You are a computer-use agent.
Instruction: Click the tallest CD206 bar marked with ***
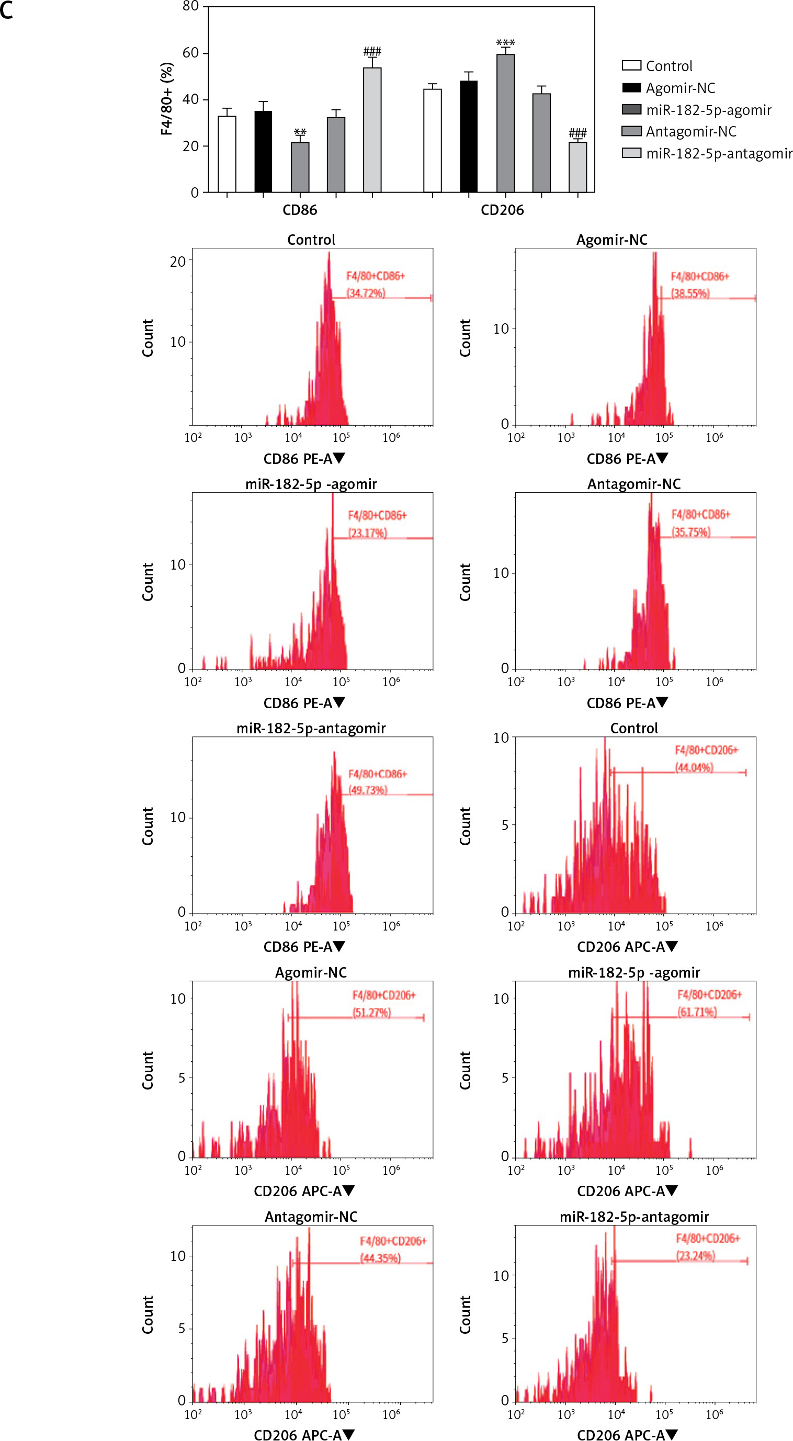tap(505, 123)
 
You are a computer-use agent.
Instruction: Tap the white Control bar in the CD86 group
tap(226, 154)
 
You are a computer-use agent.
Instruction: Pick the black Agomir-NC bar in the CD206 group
tap(469, 137)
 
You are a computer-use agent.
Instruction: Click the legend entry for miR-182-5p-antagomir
tap(719, 153)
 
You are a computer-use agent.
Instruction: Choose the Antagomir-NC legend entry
tap(690, 131)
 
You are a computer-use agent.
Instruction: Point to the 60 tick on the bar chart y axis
tap(191, 53)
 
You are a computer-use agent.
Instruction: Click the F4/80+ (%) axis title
tap(167, 98)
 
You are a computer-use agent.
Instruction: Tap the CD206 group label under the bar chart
tap(502, 210)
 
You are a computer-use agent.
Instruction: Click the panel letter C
tap(7, 11)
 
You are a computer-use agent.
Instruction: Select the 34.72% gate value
tap(366, 293)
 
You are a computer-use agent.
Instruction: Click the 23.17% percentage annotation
tap(367, 532)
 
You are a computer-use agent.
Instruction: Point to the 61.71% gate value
tap(697, 1012)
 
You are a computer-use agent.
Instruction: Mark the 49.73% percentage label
tap(367, 790)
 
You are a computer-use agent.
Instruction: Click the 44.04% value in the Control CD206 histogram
tap(694, 767)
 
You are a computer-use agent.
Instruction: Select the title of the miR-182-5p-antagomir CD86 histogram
tap(311, 728)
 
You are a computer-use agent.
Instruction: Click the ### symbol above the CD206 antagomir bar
tap(577, 133)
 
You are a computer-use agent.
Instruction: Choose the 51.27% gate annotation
tap(371, 1013)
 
